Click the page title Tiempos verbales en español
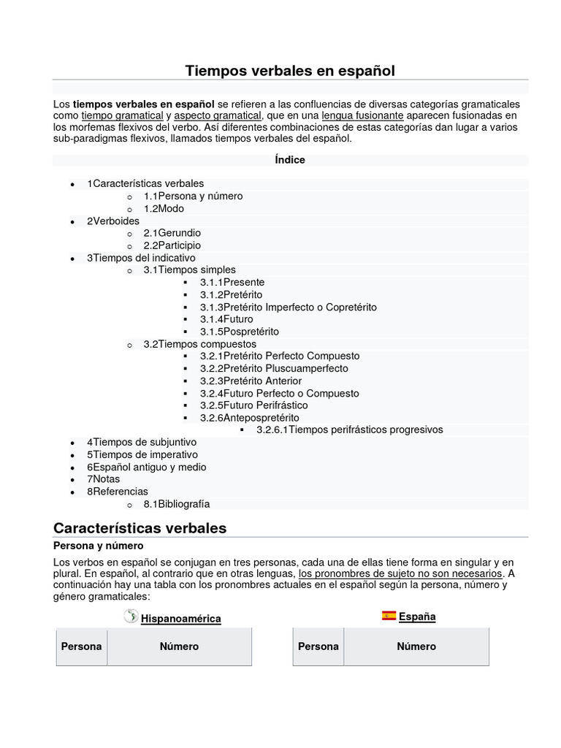click(x=290, y=71)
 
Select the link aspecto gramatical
click(x=218, y=115)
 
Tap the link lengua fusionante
click(x=362, y=115)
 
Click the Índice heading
click(x=290, y=160)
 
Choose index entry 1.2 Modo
click(x=164, y=208)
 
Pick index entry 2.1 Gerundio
click(x=172, y=233)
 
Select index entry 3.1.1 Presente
click(x=232, y=282)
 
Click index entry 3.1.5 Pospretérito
click(x=240, y=331)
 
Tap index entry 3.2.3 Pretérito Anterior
click(x=251, y=381)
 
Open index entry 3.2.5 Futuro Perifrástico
click(x=254, y=405)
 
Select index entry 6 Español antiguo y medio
click(x=146, y=467)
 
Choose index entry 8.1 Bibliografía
click(x=176, y=504)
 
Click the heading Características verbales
click(x=140, y=527)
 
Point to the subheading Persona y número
click(x=99, y=546)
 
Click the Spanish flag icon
click(x=389, y=616)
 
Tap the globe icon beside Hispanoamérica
click(x=131, y=617)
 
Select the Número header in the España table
click(x=416, y=646)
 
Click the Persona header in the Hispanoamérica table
click(x=81, y=646)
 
